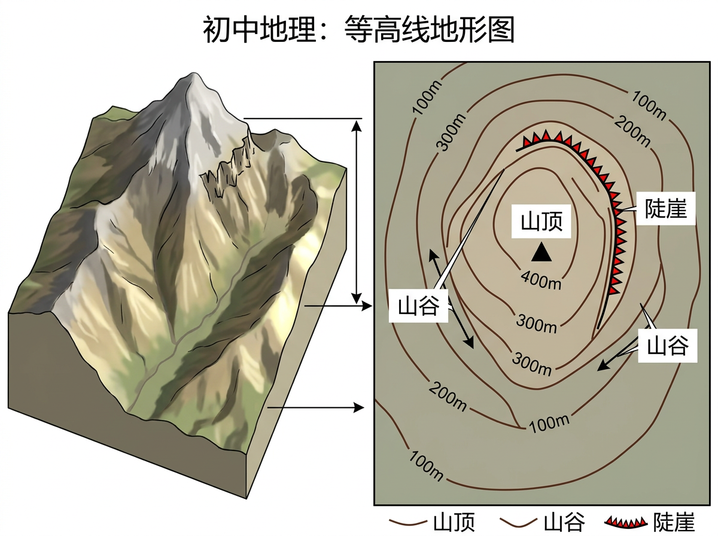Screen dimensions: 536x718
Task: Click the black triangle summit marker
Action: point(541,253)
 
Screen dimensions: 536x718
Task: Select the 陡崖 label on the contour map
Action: point(665,208)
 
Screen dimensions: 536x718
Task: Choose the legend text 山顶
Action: point(453,522)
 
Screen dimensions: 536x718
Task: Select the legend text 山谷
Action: point(564,522)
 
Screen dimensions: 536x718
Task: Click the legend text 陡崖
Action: point(674,522)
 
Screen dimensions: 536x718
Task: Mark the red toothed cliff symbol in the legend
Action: point(626,522)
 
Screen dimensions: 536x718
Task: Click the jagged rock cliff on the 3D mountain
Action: point(230,167)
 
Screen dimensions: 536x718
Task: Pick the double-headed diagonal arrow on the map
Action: point(451,299)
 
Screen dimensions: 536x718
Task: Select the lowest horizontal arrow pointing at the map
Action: point(316,408)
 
